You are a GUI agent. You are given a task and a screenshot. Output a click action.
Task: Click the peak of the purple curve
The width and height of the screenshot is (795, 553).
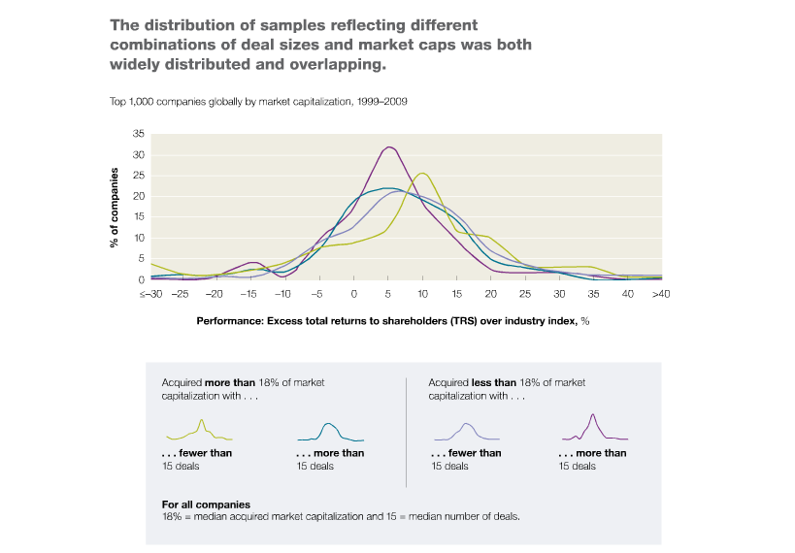pos(389,147)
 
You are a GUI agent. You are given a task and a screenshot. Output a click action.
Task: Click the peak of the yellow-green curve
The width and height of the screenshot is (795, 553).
pos(422,174)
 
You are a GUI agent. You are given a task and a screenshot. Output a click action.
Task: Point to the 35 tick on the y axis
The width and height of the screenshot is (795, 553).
pos(139,134)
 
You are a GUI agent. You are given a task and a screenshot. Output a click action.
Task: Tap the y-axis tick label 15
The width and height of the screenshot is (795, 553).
pos(139,217)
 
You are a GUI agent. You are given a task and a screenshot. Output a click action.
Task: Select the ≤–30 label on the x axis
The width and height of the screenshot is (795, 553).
pos(151,294)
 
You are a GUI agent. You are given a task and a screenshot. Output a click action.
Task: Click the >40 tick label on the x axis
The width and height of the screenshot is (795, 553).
pos(661,294)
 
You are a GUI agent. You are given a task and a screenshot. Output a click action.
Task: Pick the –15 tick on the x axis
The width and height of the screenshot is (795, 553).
pos(248,294)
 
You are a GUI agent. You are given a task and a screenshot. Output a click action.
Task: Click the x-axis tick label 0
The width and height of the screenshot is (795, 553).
pos(354,294)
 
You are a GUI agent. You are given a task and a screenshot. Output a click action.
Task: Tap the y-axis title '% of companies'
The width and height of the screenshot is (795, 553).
pos(115,208)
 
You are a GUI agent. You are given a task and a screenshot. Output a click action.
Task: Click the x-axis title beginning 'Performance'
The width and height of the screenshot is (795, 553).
pos(393,321)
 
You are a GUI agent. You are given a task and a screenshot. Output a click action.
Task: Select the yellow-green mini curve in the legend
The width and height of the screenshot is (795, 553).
pos(199,431)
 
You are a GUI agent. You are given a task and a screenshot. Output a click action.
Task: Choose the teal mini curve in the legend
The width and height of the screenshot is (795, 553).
pos(331,432)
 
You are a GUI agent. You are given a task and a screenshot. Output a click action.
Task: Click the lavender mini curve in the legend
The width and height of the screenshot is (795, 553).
pos(467,432)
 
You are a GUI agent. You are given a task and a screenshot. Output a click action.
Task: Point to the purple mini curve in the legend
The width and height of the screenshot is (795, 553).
pos(595,427)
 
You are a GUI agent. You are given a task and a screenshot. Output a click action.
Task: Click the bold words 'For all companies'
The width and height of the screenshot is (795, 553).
pos(206,504)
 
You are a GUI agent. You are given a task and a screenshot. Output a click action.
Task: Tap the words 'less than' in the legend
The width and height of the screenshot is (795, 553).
pos(494,382)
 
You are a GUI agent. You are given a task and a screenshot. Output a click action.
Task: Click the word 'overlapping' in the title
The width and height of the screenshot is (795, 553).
pos(337,65)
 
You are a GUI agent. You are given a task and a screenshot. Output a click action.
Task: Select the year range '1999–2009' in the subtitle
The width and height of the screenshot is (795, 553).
pos(381,101)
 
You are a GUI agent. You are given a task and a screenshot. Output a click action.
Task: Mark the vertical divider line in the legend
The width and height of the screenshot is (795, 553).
pos(406,433)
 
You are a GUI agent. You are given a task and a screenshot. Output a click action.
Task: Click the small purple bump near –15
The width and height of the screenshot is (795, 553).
pos(254,263)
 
